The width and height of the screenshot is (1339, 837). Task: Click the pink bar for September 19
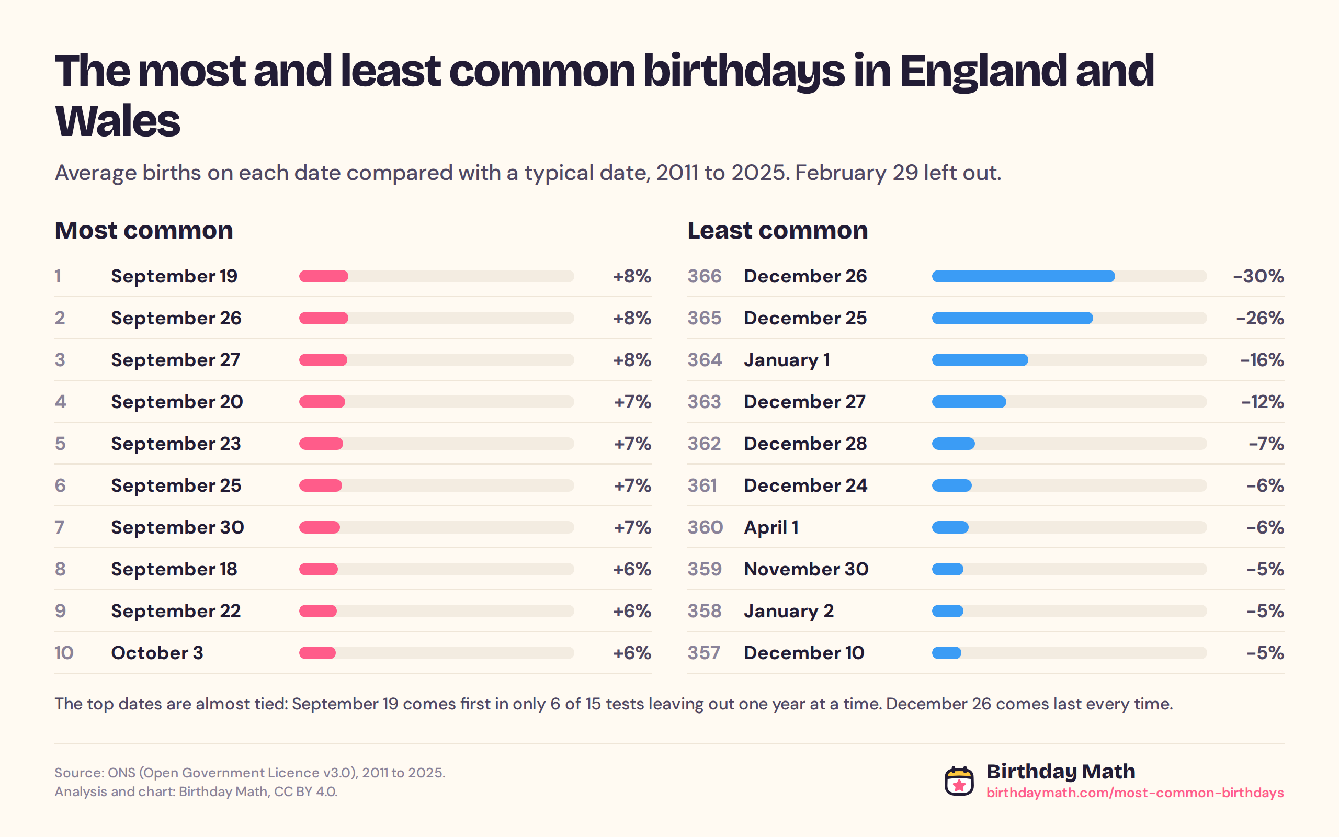pyautogui.click(x=324, y=276)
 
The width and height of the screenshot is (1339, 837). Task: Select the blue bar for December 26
pyautogui.click(x=1023, y=276)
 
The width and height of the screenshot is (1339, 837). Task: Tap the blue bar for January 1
pyautogui.click(x=980, y=360)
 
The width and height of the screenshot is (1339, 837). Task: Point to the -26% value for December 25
pyautogui.click(x=1260, y=318)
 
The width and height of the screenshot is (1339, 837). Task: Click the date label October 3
pyautogui.click(x=157, y=653)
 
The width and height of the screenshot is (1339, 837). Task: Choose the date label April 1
pyautogui.click(x=771, y=527)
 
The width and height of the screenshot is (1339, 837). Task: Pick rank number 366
pyautogui.click(x=705, y=276)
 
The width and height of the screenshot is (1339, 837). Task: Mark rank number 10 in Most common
pyautogui.click(x=64, y=653)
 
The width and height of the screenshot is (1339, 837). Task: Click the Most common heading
pyautogui.click(x=144, y=230)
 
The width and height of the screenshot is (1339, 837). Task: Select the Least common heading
pyautogui.click(x=777, y=230)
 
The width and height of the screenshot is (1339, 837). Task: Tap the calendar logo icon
pyautogui.click(x=959, y=781)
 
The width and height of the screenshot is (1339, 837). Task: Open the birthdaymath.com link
pyautogui.click(x=1135, y=793)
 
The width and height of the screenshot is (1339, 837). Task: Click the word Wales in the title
pyautogui.click(x=117, y=121)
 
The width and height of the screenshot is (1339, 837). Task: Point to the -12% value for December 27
pyautogui.click(x=1262, y=402)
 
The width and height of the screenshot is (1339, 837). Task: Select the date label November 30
pyautogui.click(x=806, y=569)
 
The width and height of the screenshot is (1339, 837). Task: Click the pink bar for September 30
pyautogui.click(x=319, y=527)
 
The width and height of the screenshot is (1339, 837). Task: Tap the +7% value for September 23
pyautogui.click(x=632, y=444)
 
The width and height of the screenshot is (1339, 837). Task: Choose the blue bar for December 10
pyautogui.click(x=947, y=653)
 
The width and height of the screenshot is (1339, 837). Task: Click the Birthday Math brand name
pyautogui.click(x=1061, y=771)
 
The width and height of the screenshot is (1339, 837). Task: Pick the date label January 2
pyautogui.click(x=788, y=611)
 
